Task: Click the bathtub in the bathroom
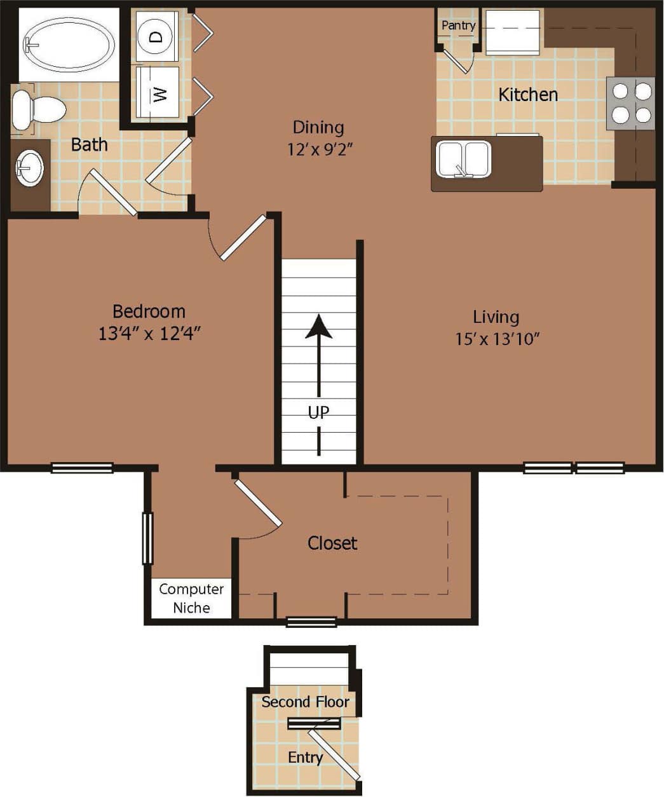click(69, 44)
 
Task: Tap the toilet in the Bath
click(38, 110)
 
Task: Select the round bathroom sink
click(29, 169)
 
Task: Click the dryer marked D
click(157, 36)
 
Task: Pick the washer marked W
click(158, 93)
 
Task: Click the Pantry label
click(458, 25)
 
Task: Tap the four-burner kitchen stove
click(631, 103)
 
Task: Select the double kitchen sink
click(464, 159)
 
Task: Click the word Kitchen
click(527, 95)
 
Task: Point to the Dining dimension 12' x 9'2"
click(319, 150)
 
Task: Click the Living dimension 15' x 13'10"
click(496, 339)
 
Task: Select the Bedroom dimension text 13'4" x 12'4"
click(149, 333)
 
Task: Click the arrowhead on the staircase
click(318, 327)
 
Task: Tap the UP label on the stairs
click(318, 412)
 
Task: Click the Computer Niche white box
click(191, 598)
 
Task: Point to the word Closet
click(332, 543)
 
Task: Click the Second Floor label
click(305, 702)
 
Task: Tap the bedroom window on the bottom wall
click(82, 468)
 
